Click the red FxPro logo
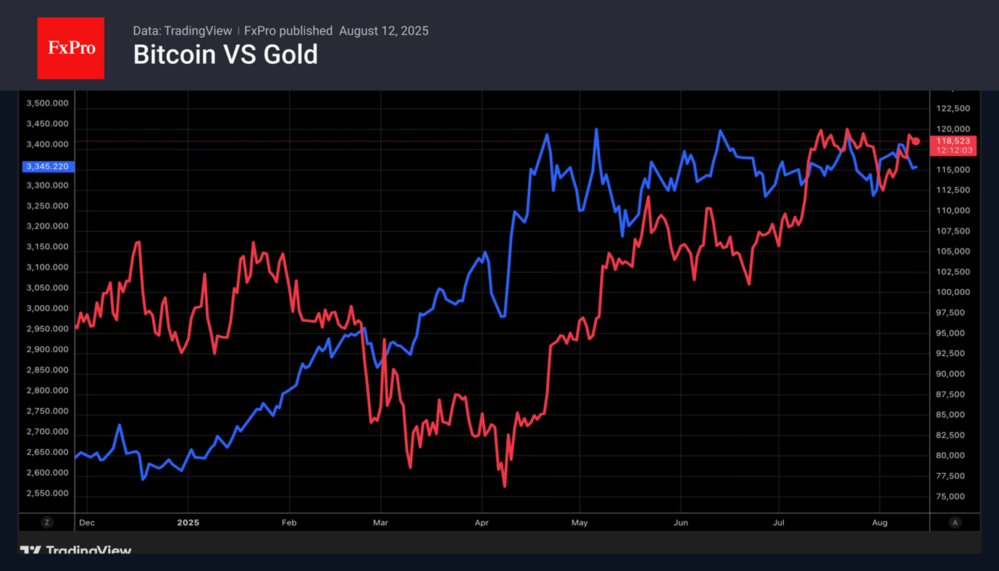coord(71,49)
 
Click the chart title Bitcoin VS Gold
coord(225,55)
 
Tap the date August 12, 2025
coord(383,31)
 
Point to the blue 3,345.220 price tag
coord(47,167)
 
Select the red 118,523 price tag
coord(954,141)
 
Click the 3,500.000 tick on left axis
coord(48,104)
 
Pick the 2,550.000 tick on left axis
coord(48,493)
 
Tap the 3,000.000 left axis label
coord(48,309)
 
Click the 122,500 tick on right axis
coord(953,109)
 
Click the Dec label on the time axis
coord(86,522)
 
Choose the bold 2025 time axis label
coord(188,522)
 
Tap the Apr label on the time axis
coord(481,522)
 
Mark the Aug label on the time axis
coord(879,522)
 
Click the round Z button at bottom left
coord(47,522)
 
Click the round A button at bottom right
coord(955,522)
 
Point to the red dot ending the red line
coord(916,141)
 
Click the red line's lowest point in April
coord(504,486)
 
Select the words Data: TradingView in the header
coord(182,31)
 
